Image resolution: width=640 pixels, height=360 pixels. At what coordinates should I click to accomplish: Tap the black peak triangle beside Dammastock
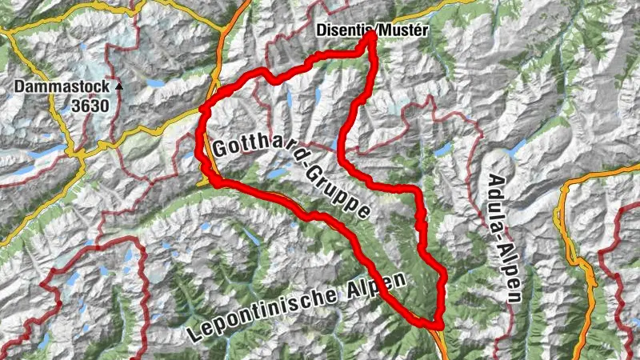[119, 86]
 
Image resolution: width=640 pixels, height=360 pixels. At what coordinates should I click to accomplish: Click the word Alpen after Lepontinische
[379, 282]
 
